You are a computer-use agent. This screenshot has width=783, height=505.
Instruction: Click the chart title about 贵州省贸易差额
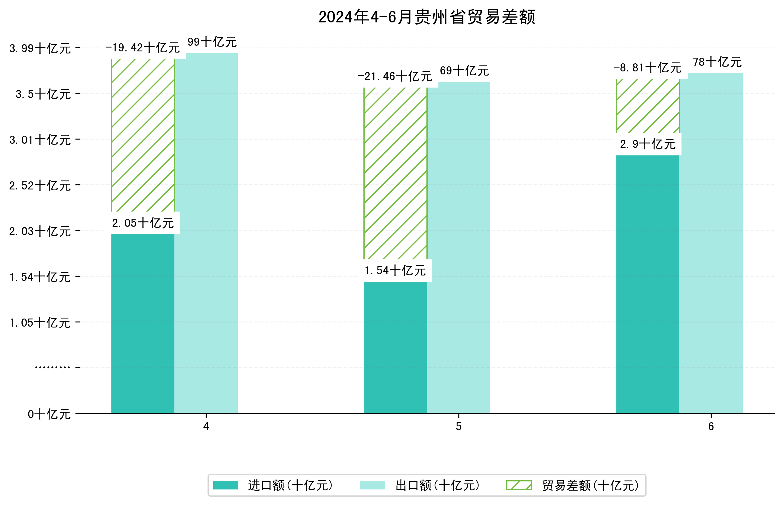click(426, 17)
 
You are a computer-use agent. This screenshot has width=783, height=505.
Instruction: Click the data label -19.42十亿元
click(142, 48)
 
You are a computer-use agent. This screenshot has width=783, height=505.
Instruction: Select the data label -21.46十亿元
click(395, 76)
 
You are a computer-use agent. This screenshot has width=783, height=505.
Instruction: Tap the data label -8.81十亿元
click(647, 68)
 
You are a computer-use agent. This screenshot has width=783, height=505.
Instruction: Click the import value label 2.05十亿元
click(143, 223)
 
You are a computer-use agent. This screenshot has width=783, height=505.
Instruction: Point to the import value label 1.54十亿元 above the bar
click(395, 270)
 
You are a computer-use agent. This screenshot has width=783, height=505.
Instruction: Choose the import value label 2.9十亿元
click(647, 144)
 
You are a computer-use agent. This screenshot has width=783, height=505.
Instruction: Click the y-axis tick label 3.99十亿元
click(40, 48)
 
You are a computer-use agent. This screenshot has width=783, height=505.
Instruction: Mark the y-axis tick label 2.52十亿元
click(40, 186)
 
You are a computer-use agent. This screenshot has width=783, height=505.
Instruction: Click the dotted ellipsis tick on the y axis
click(53, 367)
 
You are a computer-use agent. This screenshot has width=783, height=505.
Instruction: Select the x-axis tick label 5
click(458, 427)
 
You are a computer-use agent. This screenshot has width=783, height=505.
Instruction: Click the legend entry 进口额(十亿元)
click(290, 485)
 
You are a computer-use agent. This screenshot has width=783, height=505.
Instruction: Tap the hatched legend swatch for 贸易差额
click(519, 485)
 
